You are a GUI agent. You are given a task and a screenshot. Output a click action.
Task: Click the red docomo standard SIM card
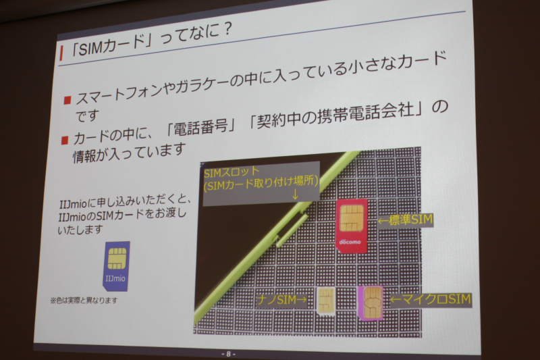click(x=351, y=226)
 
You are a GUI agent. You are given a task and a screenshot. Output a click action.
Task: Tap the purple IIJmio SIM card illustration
click(x=116, y=265)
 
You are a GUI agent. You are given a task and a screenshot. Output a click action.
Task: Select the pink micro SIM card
click(x=371, y=303)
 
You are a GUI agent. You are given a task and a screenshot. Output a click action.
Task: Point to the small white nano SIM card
click(x=326, y=301)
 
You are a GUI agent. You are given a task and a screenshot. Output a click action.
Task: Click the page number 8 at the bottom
click(x=228, y=354)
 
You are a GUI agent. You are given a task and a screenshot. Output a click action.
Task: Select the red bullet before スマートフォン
click(x=67, y=100)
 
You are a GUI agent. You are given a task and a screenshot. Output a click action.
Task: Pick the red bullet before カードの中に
click(x=64, y=140)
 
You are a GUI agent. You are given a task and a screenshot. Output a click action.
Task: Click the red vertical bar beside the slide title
click(x=61, y=53)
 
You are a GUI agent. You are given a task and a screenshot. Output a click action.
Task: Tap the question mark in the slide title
click(x=226, y=30)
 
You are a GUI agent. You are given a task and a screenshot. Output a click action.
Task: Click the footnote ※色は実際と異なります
click(x=84, y=301)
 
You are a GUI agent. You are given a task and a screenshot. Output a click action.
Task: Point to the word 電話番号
click(x=200, y=127)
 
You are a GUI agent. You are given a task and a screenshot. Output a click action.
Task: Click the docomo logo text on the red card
click(x=350, y=242)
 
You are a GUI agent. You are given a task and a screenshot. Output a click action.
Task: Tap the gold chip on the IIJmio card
click(x=117, y=259)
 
